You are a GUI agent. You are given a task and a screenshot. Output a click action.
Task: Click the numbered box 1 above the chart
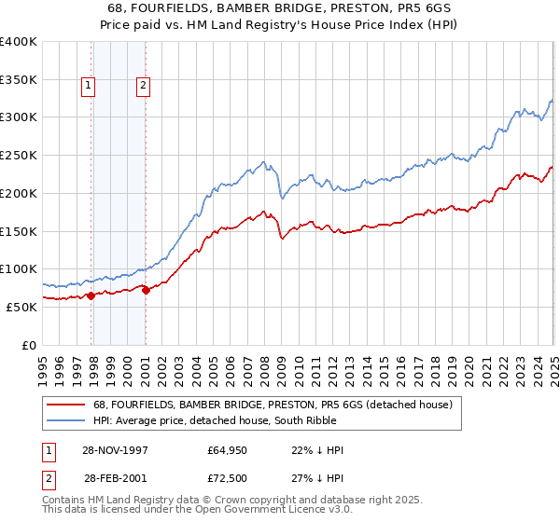click(88, 87)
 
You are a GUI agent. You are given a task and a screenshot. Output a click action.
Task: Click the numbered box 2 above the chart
click(143, 87)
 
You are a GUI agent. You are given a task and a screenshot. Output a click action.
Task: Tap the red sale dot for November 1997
click(91, 295)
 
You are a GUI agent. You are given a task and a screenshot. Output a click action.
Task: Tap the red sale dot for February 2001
click(146, 290)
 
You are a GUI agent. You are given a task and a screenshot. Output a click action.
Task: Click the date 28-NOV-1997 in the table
click(115, 450)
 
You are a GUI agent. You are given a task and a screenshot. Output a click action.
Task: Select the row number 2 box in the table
click(48, 476)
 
